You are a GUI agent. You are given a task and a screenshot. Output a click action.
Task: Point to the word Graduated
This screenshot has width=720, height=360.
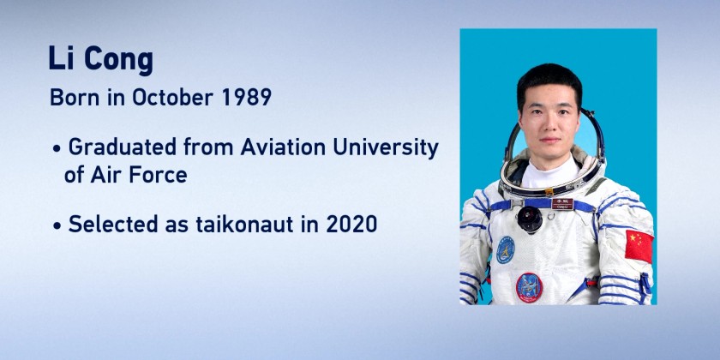pyautogui.click(x=122, y=147)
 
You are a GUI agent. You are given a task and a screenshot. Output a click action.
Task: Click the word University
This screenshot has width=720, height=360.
pyautogui.click(x=386, y=147)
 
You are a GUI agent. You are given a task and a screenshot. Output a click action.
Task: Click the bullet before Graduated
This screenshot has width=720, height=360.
pyautogui.click(x=57, y=150)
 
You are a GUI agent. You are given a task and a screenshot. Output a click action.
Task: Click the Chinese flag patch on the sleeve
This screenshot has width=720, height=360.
pyautogui.click(x=639, y=246)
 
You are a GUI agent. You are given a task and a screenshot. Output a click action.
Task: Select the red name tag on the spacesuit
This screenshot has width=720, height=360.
pyautogui.click(x=562, y=204)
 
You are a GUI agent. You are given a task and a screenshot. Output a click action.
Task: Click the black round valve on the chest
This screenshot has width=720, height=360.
pyautogui.click(x=530, y=219)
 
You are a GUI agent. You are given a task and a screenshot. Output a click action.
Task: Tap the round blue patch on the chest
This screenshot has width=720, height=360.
pyautogui.click(x=506, y=249)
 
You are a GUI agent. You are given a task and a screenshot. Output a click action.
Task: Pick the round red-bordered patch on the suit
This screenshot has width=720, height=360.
pyautogui.click(x=529, y=287)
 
